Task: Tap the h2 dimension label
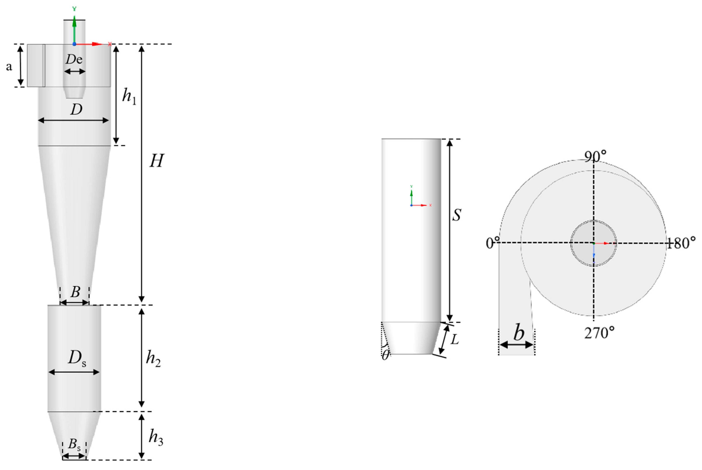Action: [x=153, y=358]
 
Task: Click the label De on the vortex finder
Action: [x=74, y=59]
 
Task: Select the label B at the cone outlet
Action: [x=75, y=292]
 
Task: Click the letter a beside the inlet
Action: [x=9, y=67]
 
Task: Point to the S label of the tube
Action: [x=457, y=215]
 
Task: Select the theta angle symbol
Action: [x=385, y=355]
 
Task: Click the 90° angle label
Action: [x=595, y=156]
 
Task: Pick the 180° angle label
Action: [x=681, y=243]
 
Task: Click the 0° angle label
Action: [x=492, y=243]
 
